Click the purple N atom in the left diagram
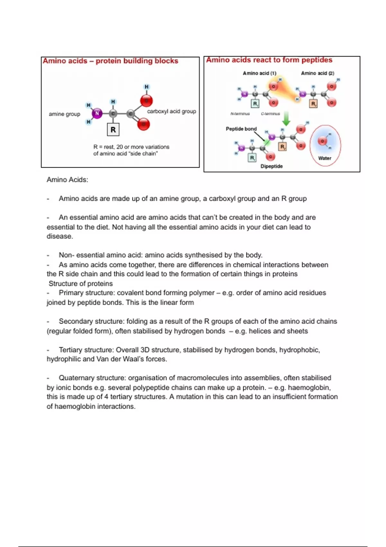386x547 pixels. [x=97, y=113]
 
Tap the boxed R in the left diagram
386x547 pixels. [x=113, y=130]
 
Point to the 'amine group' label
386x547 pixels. [x=64, y=114]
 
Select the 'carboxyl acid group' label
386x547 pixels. [x=171, y=111]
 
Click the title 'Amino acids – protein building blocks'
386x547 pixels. [x=110, y=61]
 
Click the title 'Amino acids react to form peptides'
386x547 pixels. [x=269, y=60]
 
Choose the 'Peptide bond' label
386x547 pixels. [x=241, y=129]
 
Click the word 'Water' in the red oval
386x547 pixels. [x=325, y=158]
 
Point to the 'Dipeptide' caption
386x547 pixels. [x=271, y=166]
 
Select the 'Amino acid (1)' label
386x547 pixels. [x=259, y=73]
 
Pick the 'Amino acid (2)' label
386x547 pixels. [x=317, y=73]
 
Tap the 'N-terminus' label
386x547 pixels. [x=240, y=114]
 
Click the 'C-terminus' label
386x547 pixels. [x=270, y=114]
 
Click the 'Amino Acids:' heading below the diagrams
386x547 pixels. [x=67, y=180]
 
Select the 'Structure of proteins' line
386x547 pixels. [x=80, y=283]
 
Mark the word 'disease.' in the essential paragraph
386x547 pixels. [x=60, y=236]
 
